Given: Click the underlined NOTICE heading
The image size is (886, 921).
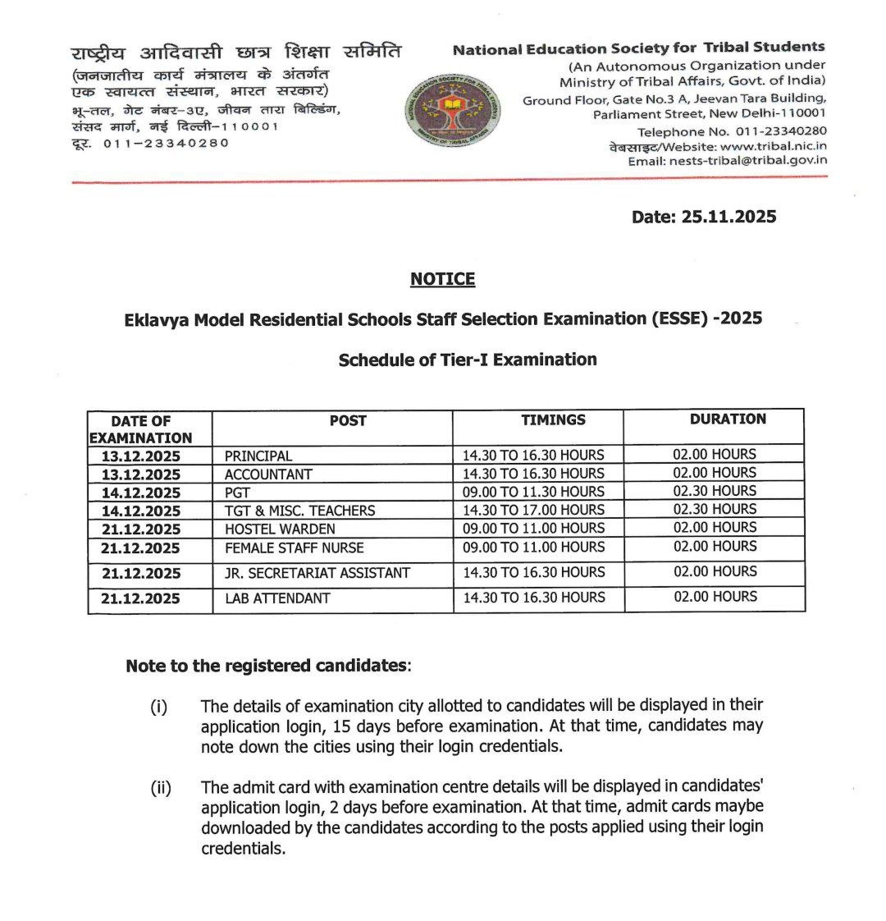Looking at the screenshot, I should click(442, 279).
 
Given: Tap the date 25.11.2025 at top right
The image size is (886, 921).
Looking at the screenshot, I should click(704, 217).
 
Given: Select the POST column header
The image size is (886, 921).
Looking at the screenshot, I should click(348, 420).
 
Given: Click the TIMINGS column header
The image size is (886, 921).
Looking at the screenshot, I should click(553, 419).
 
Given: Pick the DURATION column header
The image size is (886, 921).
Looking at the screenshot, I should click(727, 419).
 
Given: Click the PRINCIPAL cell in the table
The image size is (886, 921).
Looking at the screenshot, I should click(258, 456).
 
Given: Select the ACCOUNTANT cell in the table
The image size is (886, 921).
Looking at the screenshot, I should click(268, 474).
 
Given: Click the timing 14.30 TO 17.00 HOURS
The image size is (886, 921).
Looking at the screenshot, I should click(533, 510).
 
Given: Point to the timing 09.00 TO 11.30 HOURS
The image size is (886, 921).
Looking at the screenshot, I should click(533, 492).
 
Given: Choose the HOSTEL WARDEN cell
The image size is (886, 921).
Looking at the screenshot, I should click(280, 529).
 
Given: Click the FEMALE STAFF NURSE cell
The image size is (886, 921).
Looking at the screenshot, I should click(294, 548).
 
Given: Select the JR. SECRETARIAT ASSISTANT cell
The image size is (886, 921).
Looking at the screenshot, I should click(317, 573).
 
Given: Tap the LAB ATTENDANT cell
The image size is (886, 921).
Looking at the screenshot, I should click(277, 598).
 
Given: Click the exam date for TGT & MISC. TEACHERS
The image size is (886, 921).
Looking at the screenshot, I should click(140, 511).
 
